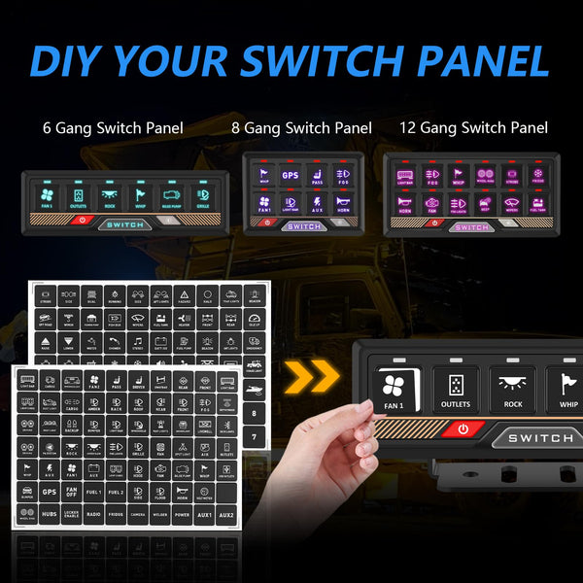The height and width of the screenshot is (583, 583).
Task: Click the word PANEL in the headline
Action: click(x=476, y=59)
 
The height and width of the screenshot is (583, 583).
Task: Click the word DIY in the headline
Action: click(x=72, y=59)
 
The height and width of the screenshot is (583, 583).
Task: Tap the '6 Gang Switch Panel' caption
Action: click(x=113, y=127)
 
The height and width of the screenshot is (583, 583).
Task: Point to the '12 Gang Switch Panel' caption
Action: click(x=473, y=127)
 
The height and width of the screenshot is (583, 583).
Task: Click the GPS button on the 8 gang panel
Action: click(x=290, y=176)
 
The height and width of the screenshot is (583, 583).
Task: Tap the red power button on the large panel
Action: click(x=463, y=429)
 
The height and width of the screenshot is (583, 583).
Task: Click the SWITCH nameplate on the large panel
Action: click(x=539, y=438)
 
